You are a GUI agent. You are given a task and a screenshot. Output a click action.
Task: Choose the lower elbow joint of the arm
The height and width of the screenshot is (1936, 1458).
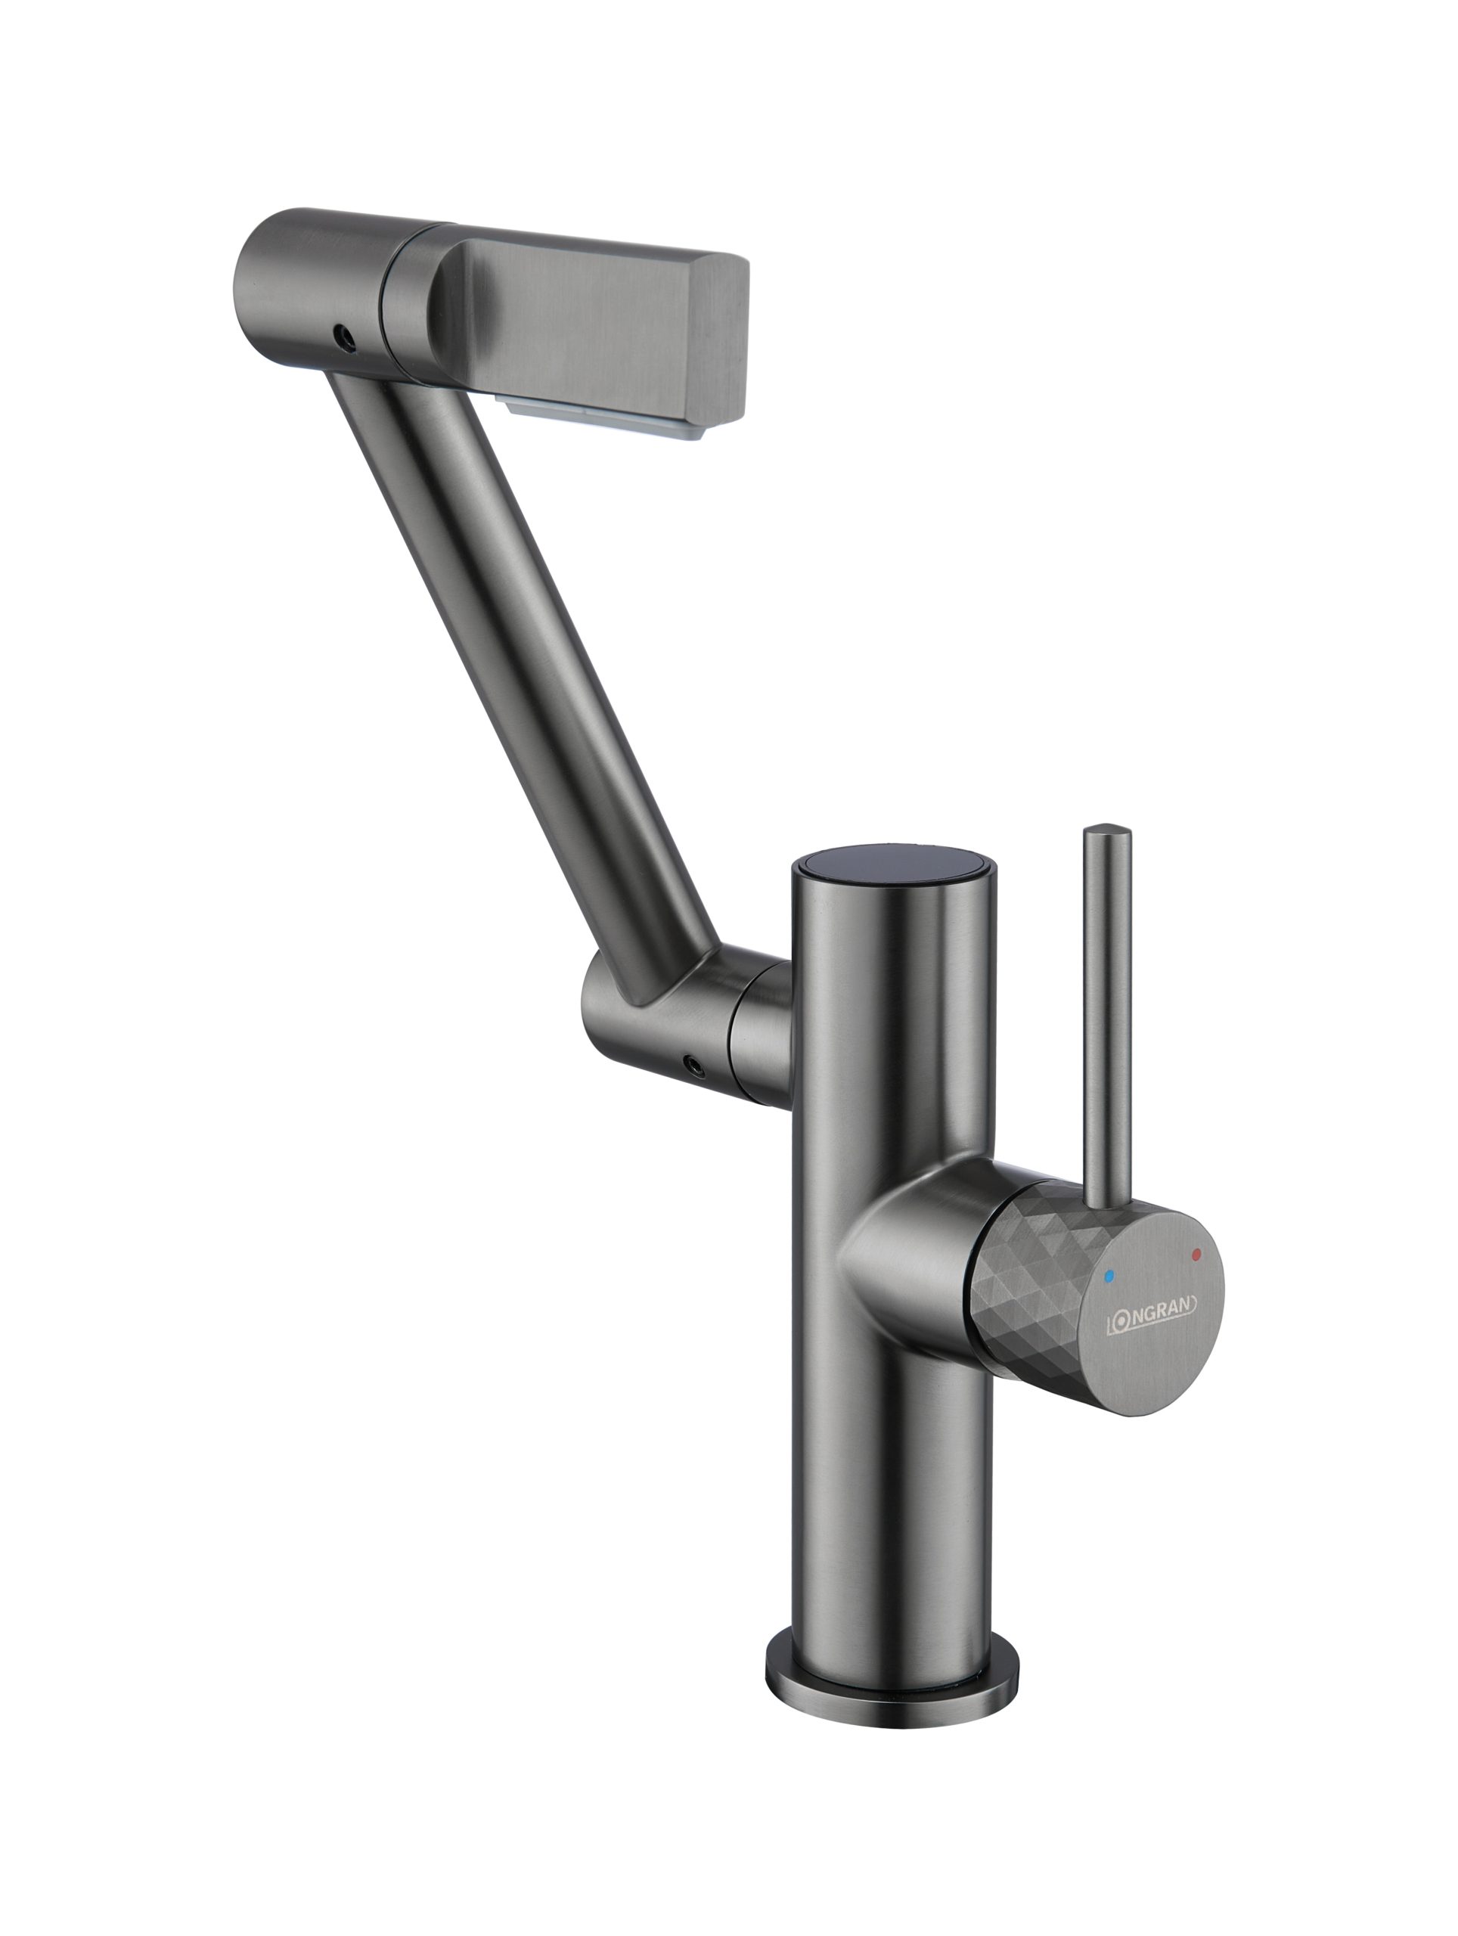click(647, 1024)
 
